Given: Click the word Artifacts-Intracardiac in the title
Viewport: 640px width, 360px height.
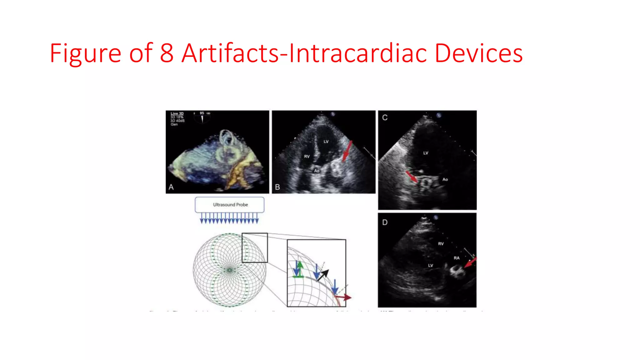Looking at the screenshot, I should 305,53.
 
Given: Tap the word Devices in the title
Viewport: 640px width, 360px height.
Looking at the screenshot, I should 478,53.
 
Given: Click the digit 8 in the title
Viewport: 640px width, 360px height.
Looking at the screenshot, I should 167,53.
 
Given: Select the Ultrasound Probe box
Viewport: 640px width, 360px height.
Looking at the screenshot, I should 230,205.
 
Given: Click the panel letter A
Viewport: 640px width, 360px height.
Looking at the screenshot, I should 171,187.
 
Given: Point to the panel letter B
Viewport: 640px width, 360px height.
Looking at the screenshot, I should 277,187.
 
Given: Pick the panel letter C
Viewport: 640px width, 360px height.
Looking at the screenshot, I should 385,117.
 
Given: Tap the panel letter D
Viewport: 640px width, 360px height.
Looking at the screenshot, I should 385,222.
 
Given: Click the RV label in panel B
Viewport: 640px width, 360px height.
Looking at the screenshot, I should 307,156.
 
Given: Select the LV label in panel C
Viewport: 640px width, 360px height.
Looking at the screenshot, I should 426,153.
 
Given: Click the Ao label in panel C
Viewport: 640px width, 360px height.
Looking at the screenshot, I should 445,179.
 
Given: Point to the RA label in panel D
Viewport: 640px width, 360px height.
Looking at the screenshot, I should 457,258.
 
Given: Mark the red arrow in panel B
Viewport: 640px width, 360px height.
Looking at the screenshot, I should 347,151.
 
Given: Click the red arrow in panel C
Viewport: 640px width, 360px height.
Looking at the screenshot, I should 412,177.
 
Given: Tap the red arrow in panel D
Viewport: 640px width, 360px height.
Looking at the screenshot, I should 470,262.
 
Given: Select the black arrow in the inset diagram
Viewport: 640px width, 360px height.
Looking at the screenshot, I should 323,274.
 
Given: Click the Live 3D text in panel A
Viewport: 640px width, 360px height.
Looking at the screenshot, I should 177,113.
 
